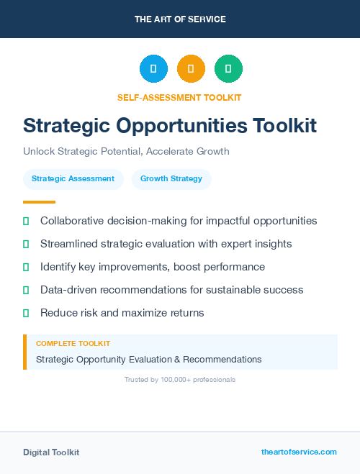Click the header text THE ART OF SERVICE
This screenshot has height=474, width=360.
pyautogui.click(x=180, y=19)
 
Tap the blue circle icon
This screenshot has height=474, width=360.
pyautogui.click(x=153, y=69)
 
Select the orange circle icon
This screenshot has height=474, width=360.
pyautogui.click(x=191, y=69)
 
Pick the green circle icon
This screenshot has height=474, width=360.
pyautogui.click(x=228, y=69)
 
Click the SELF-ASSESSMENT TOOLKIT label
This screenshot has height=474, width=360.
pyautogui.click(x=180, y=97)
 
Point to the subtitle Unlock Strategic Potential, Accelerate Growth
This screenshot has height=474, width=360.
pyautogui.click(x=126, y=152)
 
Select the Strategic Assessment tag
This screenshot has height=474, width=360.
pyautogui.click(x=73, y=178)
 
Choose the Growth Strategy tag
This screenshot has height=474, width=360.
pyautogui.click(x=171, y=178)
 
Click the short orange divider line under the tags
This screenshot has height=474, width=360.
pyautogui.click(x=39, y=202)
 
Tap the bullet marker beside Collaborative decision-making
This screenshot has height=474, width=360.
pyautogui.click(x=26, y=221)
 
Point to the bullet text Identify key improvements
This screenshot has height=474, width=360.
pyautogui.click(x=153, y=267)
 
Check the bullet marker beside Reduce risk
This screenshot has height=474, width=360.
pyautogui.click(x=26, y=313)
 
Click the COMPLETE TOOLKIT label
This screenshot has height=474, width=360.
pyautogui.click(x=73, y=344)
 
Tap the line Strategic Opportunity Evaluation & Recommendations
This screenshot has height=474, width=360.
pyautogui.click(x=148, y=359)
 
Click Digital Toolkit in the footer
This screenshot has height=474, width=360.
pyautogui.click(x=51, y=452)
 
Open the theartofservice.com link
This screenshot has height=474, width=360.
pyautogui.click(x=299, y=452)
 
